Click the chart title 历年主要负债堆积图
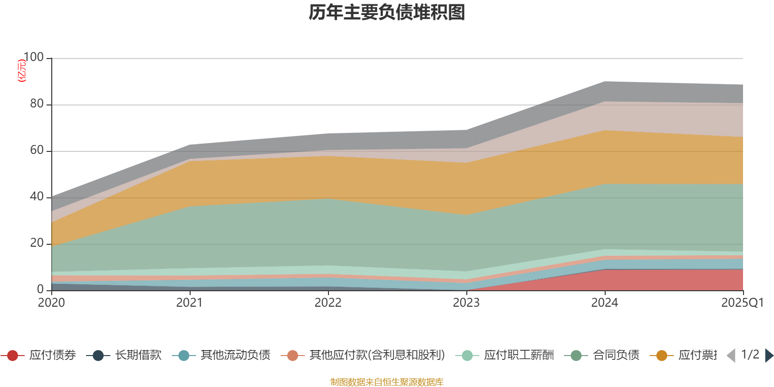[x=387, y=13]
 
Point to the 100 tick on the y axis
[x=33, y=58]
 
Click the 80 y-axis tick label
[x=37, y=104]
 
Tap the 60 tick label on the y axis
[x=37, y=150]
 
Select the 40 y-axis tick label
[x=37, y=197]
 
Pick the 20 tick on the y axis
[x=37, y=243]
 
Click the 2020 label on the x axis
[x=51, y=303]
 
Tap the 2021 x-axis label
[x=190, y=303]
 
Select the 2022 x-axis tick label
[x=328, y=303]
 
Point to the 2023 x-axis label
[x=466, y=303]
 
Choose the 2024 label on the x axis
[x=605, y=303]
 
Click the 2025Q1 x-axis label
[x=742, y=303]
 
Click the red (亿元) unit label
[x=21, y=71]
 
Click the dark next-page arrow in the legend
[x=769, y=356]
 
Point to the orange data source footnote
[x=387, y=382]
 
